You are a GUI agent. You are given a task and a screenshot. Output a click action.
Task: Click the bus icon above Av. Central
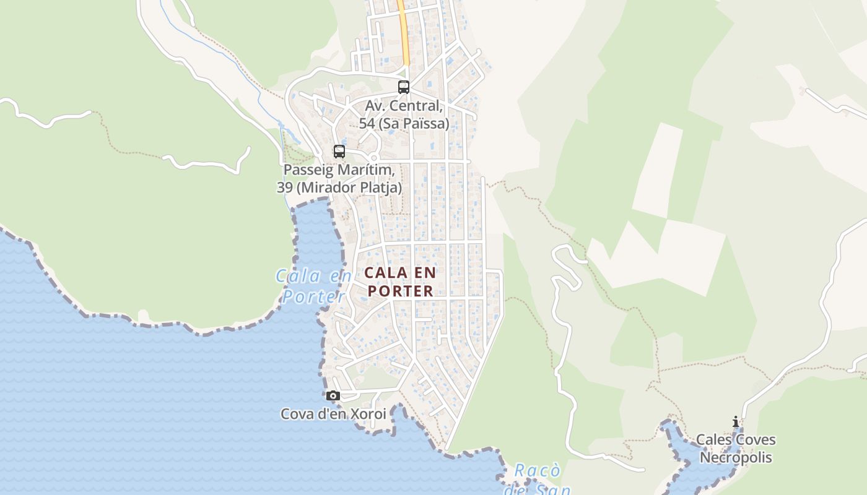click(404, 87)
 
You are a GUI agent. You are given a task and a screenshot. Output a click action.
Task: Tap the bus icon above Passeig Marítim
click(339, 152)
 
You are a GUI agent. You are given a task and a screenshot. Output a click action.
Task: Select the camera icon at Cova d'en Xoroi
click(333, 396)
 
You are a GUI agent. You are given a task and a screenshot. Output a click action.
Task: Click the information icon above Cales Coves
click(736, 422)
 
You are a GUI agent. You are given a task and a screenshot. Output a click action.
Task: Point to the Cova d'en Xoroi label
click(333, 414)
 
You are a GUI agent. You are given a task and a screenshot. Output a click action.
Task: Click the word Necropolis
click(736, 458)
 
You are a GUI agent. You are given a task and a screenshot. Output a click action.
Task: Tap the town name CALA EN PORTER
click(399, 282)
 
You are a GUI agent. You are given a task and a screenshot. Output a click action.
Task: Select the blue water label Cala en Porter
click(313, 286)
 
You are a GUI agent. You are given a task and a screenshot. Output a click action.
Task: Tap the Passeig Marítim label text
click(339, 170)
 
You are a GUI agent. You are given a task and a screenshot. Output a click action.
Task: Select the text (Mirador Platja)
click(349, 187)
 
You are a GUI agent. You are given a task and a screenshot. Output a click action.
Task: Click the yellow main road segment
click(404, 37)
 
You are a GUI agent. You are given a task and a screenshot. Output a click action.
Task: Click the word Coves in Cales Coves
click(754, 440)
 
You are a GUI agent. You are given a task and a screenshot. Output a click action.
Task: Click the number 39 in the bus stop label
click(285, 187)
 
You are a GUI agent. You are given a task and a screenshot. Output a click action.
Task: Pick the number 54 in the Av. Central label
click(367, 124)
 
